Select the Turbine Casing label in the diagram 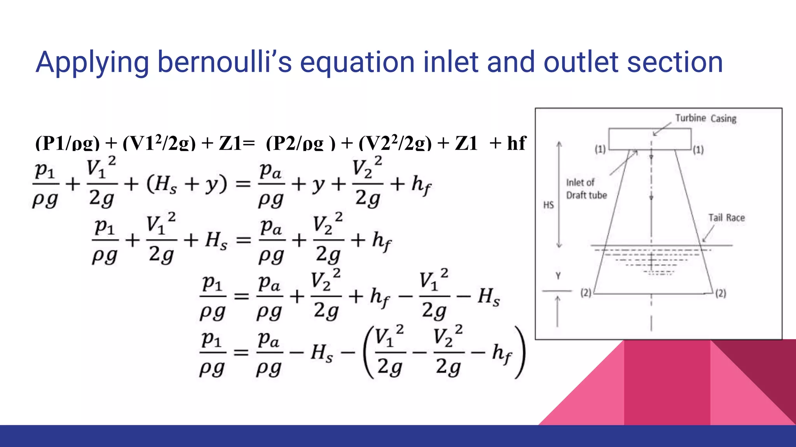[x=705, y=118]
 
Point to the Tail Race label [x=726, y=218]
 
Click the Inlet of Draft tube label [x=586, y=189]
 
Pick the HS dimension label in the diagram [x=548, y=205]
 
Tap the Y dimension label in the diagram [x=558, y=276]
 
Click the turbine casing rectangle [x=650, y=139]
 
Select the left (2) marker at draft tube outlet [x=586, y=293]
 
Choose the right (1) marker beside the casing [x=698, y=150]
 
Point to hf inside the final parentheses [x=502, y=353]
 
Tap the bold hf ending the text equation [x=517, y=143]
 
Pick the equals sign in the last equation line [x=241, y=353]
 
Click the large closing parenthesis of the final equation [x=520, y=352]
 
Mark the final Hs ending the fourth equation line [x=489, y=297]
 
